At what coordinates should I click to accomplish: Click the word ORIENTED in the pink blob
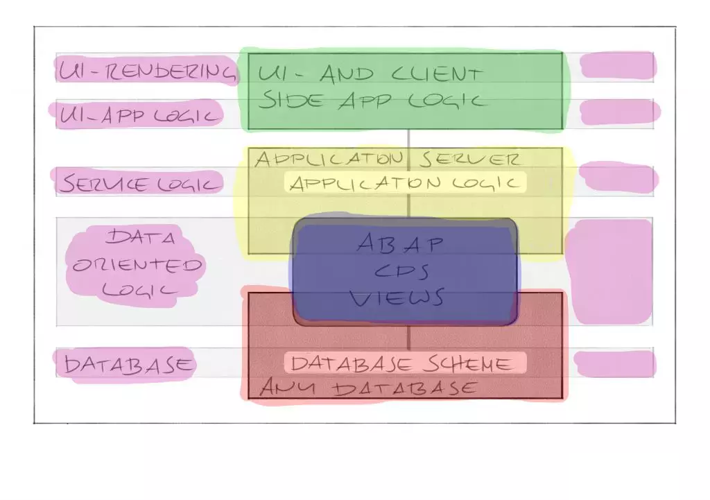137,266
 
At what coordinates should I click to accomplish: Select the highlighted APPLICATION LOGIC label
405,183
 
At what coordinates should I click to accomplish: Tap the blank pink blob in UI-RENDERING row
616,66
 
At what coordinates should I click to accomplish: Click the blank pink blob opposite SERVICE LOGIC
618,178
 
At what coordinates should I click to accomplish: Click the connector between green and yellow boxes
408,139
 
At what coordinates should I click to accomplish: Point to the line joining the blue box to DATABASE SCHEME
408,338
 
